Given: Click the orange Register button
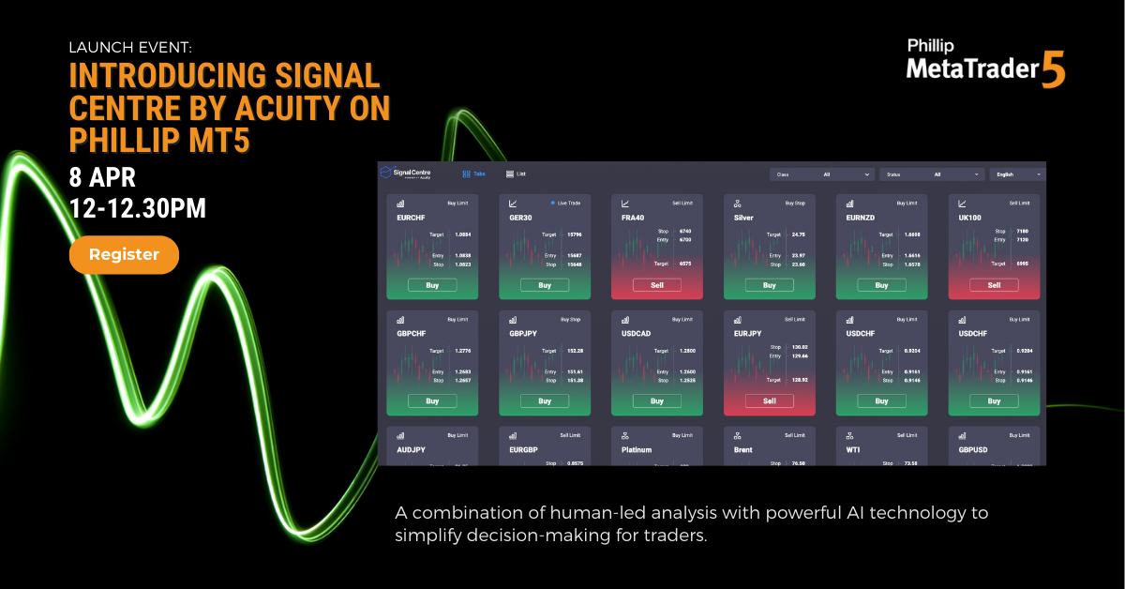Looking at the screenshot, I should (124, 254).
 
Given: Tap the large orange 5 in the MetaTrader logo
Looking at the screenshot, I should (1053, 71).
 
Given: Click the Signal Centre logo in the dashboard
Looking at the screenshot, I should (406, 174).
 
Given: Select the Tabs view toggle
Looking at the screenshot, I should (473, 174).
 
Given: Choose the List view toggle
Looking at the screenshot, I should (516, 174).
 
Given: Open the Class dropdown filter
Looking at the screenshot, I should (822, 174).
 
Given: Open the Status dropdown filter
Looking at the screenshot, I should (933, 174).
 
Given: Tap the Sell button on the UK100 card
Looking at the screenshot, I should (995, 285).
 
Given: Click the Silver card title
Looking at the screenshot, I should (743, 217).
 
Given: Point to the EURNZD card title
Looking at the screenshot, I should (861, 217).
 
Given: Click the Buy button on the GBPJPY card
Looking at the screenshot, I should (545, 400).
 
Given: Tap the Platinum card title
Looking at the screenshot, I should (637, 449).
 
